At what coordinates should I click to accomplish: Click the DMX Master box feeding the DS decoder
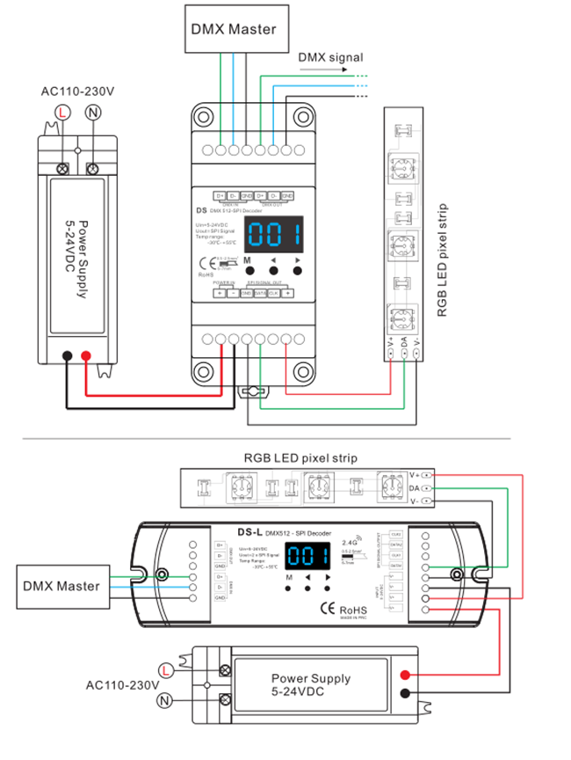point(234,29)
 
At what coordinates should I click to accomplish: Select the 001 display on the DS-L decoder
point(307,555)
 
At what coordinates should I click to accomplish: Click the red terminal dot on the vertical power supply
point(85,356)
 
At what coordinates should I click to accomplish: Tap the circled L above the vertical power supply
point(61,112)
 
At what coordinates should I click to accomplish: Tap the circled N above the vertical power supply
point(92,112)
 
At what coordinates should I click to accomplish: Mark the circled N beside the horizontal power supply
point(163,701)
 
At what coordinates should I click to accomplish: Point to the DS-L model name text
point(251,531)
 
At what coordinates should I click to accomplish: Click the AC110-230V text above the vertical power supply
point(77,91)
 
